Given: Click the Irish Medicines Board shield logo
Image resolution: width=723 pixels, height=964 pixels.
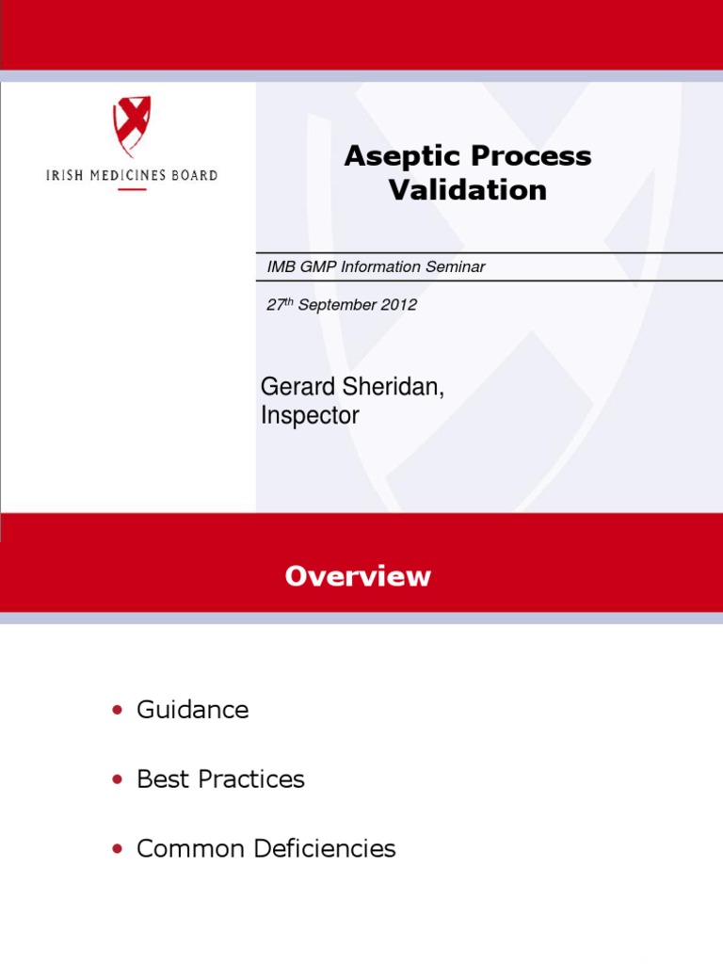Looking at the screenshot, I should [x=132, y=125].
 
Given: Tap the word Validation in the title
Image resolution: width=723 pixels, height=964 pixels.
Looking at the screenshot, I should [x=468, y=189].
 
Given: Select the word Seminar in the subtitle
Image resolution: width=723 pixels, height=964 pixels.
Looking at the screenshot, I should [x=455, y=266].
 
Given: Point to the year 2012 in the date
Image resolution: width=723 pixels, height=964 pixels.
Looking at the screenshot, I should [x=398, y=305].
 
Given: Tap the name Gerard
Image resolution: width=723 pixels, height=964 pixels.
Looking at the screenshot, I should [x=296, y=387].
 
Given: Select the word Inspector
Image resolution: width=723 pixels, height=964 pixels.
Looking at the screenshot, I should [x=310, y=415].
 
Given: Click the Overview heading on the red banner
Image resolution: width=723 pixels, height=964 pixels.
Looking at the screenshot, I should [x=358, y=576].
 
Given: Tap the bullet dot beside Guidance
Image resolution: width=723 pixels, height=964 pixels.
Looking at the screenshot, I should [x=117, y=710].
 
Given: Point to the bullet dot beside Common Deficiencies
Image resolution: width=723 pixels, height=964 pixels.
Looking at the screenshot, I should [x=117, y=849].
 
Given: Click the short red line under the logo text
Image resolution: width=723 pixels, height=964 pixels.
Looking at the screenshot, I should [x=132, y=190].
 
